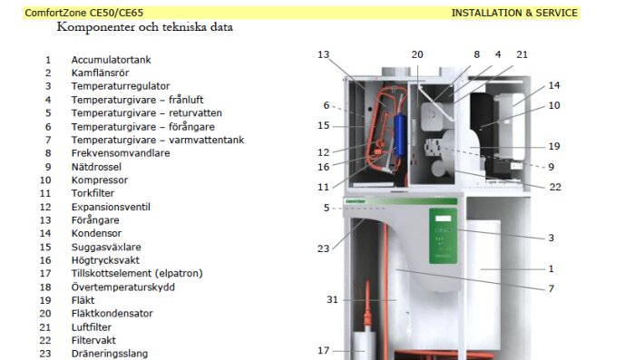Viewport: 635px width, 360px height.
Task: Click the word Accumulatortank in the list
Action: tap(111, 60)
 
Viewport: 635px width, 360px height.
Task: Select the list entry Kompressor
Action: tap(100, 180)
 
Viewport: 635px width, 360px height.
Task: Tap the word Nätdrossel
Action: tap(96, 167)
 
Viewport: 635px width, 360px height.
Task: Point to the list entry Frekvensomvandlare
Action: tap(121, 153)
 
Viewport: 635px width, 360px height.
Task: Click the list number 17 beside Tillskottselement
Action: tap(45, 273)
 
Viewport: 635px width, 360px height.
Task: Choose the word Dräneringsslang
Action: tap(110, 354)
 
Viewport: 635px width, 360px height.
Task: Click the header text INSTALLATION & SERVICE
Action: tap(514, 13)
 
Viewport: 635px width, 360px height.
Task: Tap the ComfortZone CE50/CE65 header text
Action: tap(84, 13)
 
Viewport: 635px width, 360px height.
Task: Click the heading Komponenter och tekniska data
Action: tap(145, 27)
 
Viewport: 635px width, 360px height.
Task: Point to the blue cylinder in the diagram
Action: tap(400, 135)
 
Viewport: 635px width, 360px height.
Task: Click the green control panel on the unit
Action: tap(443, 236)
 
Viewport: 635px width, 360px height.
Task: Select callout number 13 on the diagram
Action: tap(323, 54)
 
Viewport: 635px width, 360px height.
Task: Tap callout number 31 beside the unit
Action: tap(332, 299)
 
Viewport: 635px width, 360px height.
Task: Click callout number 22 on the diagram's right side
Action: tap(555, 187)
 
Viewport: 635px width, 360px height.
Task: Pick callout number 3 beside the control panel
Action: tap(552, 238)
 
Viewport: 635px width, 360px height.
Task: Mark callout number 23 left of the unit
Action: tap(323, 248)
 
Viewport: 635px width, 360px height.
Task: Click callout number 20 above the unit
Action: tap(417, 54)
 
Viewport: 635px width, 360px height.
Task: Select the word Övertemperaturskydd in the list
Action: tap(123, 287)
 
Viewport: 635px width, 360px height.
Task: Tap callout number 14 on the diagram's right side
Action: tap(554, 85)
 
